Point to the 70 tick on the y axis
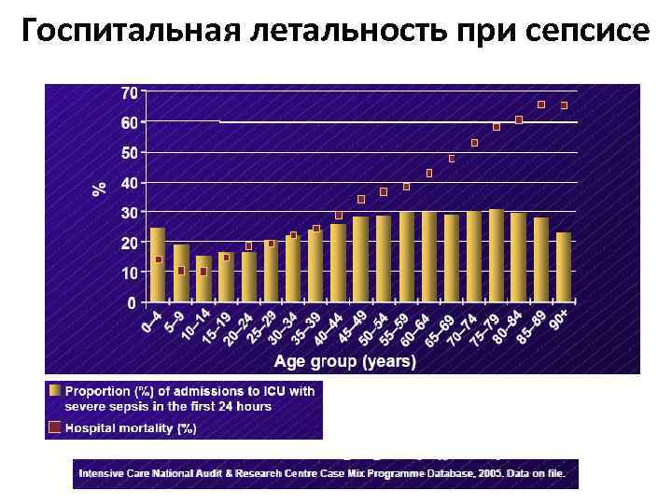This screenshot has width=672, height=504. (128, 92)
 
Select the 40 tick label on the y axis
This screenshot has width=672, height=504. (128, 182)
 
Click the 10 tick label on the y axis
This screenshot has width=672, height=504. (128, 273)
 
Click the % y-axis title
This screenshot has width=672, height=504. (99, 189)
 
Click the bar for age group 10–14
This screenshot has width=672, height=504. (203, 278)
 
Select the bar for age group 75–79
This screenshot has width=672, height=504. (497, 256)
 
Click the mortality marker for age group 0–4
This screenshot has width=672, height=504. (159, 259)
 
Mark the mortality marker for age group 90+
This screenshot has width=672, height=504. (564, 105)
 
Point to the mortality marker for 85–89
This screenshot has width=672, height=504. (541, 104)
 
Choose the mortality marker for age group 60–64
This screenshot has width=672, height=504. (429, 173)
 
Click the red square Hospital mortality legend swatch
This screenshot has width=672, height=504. (55, 427)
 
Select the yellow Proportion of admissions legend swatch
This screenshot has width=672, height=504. (55, 391)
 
